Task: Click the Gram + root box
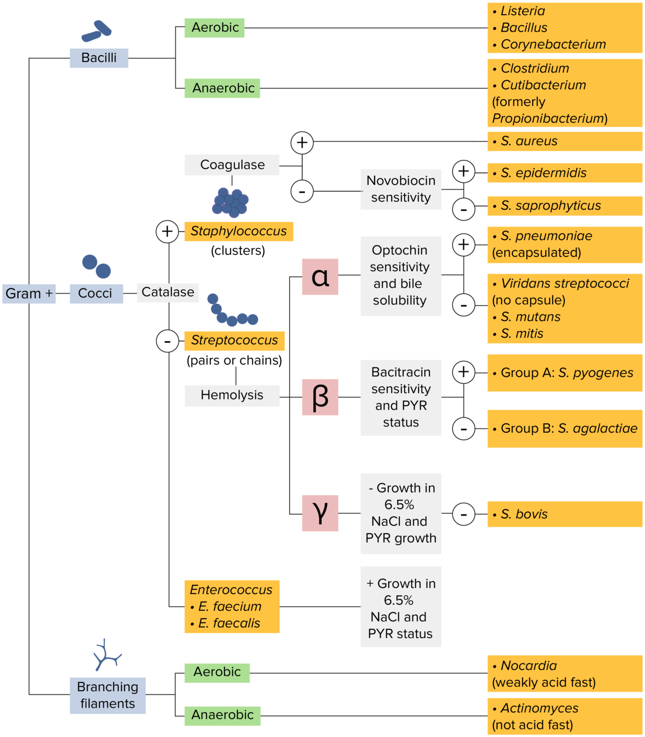coord(29,293)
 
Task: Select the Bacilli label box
coord(99,58)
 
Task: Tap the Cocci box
coord(96,293)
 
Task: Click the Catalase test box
coord(168,292)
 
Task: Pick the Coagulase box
coord(232,165)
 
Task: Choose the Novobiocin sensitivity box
coord(401,189)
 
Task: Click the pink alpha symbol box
coord(320,277)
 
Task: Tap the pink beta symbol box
coord(320,397)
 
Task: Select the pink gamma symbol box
coord(320,513)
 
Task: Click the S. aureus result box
coord(564,141)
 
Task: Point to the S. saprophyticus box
coord(564,206)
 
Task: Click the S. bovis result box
coord(564,514)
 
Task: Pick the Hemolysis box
coord(232,395)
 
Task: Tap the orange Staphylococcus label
coord(239,231)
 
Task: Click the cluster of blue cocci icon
coord(230,202)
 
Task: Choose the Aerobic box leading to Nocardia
coord(217,672)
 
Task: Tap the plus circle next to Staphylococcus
coord(167,231)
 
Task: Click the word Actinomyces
coord(539,708)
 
